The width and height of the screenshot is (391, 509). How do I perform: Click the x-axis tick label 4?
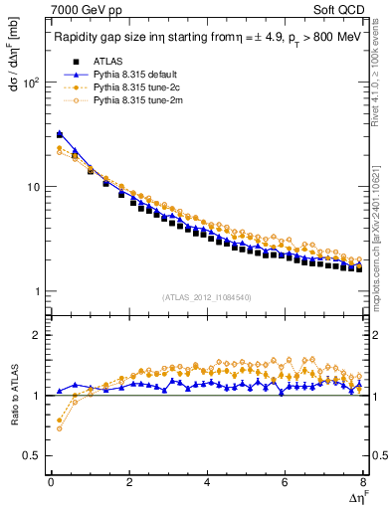(x=207, y=482)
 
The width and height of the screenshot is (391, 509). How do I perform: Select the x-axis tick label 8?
(x=362, y=482)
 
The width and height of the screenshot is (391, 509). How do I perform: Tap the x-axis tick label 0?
(x=51, y=482)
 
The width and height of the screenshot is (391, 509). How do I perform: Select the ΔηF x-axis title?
(x=355, y=496)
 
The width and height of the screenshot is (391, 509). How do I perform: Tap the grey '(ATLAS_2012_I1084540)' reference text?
(x=206, y=297)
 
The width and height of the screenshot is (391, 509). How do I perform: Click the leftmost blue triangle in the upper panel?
(x=60, y=133)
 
